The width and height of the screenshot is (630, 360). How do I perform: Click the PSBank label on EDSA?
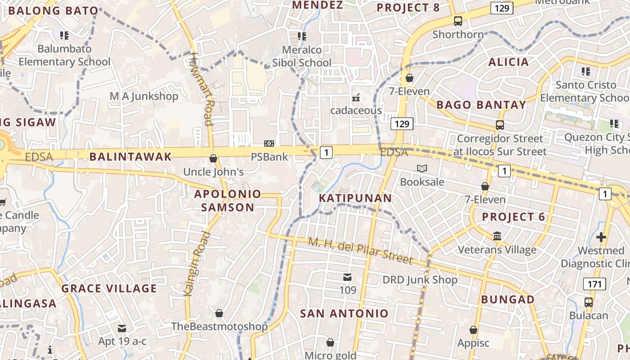269,157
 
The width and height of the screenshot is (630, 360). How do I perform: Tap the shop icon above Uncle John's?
213,158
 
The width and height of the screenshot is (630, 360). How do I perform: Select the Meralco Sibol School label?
301,56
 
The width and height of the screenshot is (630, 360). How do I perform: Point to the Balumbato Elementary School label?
64,55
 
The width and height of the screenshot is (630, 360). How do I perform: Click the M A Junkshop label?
144,96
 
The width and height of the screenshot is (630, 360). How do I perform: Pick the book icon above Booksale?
422,169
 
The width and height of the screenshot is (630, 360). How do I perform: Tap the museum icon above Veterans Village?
497,236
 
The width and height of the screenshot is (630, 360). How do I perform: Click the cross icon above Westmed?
601,237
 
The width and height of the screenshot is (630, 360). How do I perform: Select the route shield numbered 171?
594,284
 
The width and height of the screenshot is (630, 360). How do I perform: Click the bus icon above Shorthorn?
458,21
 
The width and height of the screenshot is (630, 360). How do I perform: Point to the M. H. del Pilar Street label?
360,251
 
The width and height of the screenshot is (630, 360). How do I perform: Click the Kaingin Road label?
197,264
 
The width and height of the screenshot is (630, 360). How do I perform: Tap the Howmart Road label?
201,89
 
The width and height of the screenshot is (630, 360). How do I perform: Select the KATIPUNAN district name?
355,198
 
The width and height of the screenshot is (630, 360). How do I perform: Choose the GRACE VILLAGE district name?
109,288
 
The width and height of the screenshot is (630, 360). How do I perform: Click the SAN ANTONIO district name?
344,314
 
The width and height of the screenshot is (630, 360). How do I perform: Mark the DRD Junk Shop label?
420,280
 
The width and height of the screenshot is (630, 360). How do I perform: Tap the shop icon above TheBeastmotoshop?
219,313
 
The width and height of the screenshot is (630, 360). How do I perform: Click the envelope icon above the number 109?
347,277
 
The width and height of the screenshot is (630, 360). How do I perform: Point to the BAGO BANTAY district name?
481,105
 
